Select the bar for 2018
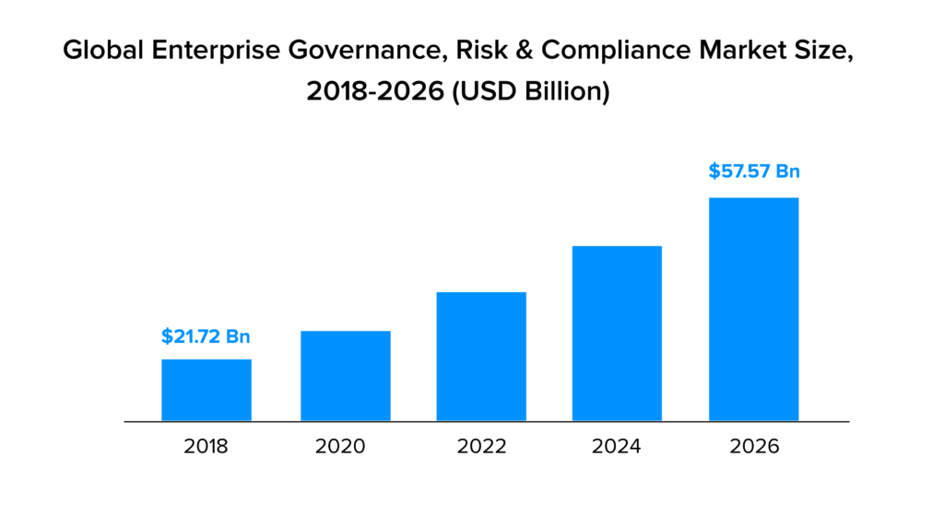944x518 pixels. click(206, 390)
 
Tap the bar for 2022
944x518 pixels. click(481, 357)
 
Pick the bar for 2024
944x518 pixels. click(618, 334)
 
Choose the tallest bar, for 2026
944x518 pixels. click(753, 309)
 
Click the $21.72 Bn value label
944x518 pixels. click(206, 336)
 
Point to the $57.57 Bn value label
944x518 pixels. click(753, 171)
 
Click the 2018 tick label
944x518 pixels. click(206, 447)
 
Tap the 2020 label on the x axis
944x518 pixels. click(340, 447)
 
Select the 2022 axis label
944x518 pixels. click(481, 447)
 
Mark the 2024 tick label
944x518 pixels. click(618, 447)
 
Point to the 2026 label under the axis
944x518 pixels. click(753, 447)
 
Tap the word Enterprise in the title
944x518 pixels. click(204, 53)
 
